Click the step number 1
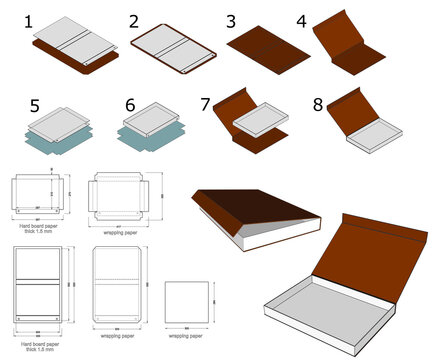click(x=29, y=20)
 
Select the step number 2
click(x=135, y=20)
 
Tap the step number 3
click(x=231, y=21)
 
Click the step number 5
click(x=34, y=104)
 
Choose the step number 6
click(x=130, y=104)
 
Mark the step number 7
click(x=207, y=104)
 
